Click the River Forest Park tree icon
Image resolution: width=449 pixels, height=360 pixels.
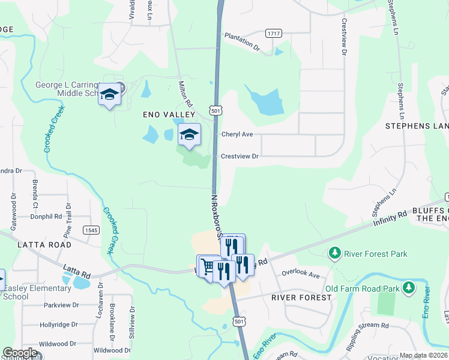click(x=335, y=254)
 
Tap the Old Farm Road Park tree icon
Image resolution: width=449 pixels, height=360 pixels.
click(x=409, y=289)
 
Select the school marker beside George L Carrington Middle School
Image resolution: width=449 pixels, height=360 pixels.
click(x=109, y=95)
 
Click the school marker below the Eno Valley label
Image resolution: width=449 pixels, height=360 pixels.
click(x=189, y=135)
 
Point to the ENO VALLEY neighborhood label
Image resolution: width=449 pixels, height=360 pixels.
click(x=169, y=114)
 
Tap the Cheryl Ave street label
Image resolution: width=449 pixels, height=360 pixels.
click(x=237, y=134)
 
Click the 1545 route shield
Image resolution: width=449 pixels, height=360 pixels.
click(x=91, y=230)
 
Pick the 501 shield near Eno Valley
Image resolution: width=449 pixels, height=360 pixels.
click(x=217, y=111)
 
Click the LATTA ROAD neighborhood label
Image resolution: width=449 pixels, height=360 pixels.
click(x=44, y=245)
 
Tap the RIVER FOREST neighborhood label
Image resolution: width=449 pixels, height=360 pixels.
click(x=301, y=298)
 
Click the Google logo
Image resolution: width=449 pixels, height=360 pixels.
click(x=20, y=353)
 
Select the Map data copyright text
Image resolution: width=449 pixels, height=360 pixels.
click(x=424, y=355)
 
